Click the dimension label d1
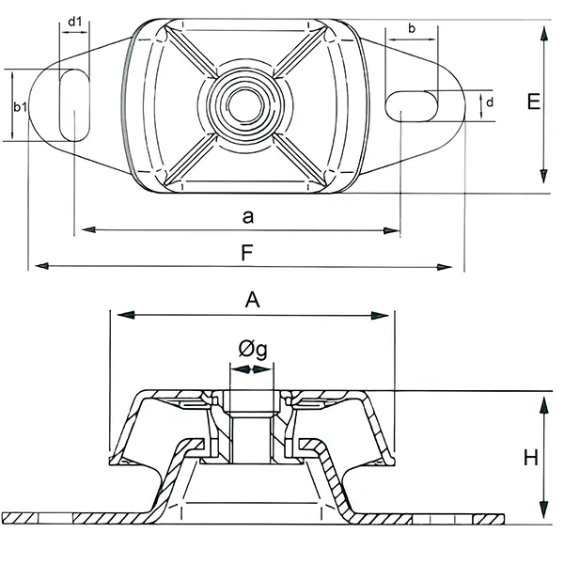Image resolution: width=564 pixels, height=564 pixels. coord(75,22)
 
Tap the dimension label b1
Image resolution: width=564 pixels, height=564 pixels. coord(21,107)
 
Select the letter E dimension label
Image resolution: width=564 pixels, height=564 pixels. coord(534,102)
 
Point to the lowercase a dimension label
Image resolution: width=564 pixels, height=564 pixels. coord(248,217)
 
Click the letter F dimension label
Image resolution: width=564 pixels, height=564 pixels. coord(247,253)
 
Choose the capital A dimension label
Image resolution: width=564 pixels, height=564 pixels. coord(253,300)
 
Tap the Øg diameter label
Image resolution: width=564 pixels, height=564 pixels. coord(253,349)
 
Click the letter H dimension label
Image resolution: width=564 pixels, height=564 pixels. coord(530,458)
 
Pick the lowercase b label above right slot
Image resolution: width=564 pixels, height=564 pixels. coord(412,28)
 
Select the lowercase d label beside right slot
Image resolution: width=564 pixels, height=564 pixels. coord(490,102)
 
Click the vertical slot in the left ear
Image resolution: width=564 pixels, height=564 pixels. coord(74,105)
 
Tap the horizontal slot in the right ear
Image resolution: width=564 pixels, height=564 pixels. coord(412,106)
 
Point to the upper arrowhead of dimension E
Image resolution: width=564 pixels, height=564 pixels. coord(544,35)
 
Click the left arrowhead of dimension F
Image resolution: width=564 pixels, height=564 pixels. coord(42,266)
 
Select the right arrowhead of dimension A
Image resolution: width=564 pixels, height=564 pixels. coord(380,316)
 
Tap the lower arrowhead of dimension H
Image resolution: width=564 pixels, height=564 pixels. coord(544,509)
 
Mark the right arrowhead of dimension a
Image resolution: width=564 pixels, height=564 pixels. coord(392,230)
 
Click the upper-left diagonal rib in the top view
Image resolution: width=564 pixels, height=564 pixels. coord(191,54)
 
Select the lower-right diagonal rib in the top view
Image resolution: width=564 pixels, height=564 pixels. coord(300,160)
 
